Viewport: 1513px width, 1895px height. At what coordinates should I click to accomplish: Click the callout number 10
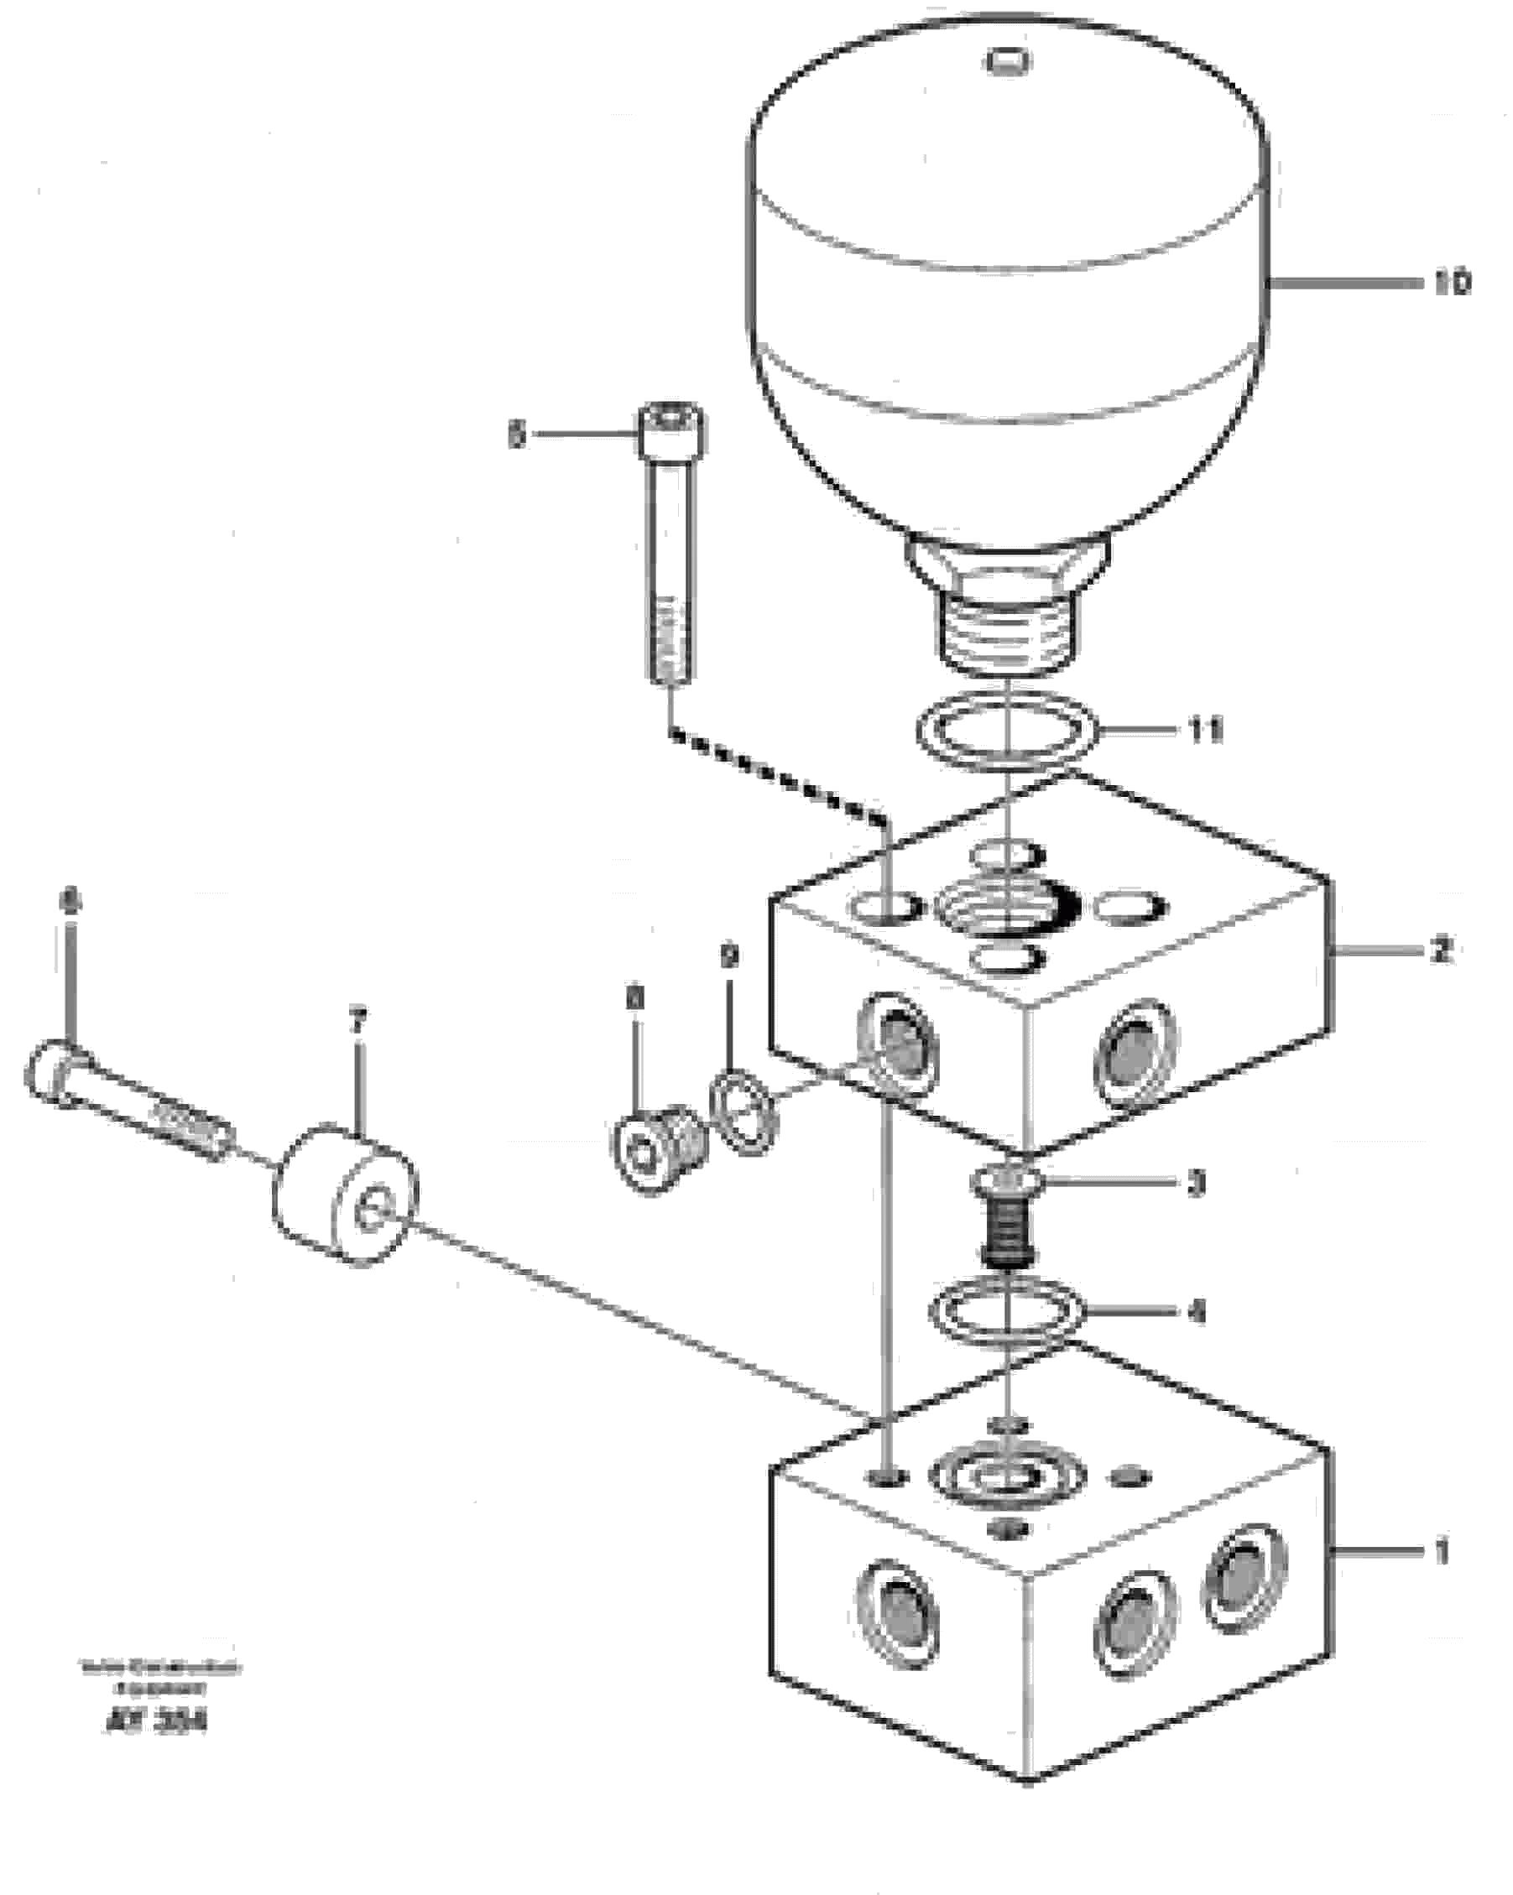(1452, 283)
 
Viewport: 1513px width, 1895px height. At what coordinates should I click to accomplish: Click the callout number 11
(1205, 730)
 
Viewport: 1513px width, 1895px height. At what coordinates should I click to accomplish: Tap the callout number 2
(1440, 950)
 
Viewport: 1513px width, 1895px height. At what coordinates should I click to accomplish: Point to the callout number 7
(356, 1022)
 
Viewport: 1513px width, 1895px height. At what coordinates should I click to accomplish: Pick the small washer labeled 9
(744, 1111)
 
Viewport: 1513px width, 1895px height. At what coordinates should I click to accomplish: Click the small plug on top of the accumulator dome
(1009, 61)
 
